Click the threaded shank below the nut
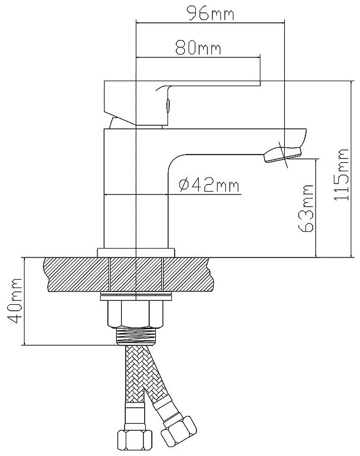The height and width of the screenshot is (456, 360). click(x=136, y=336)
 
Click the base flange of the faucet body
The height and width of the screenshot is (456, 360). click(x=136, y=252)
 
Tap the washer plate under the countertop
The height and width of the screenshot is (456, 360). click(x=136, y=297)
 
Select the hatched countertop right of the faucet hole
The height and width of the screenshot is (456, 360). click(x=189, y=274)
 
